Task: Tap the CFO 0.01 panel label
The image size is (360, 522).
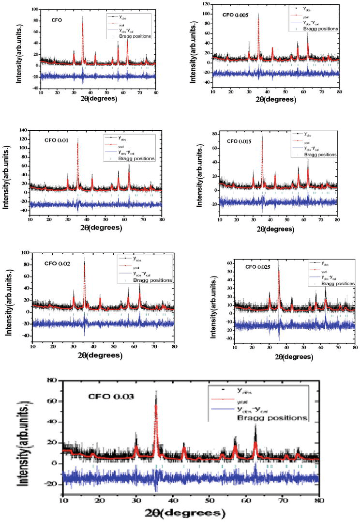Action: pyautogui.click(x=56, y=140)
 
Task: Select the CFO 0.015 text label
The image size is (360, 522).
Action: pyautogui.click(x=240, y=142)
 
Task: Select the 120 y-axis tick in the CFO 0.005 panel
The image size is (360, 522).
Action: pyautogui.click(x=206, y=3)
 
